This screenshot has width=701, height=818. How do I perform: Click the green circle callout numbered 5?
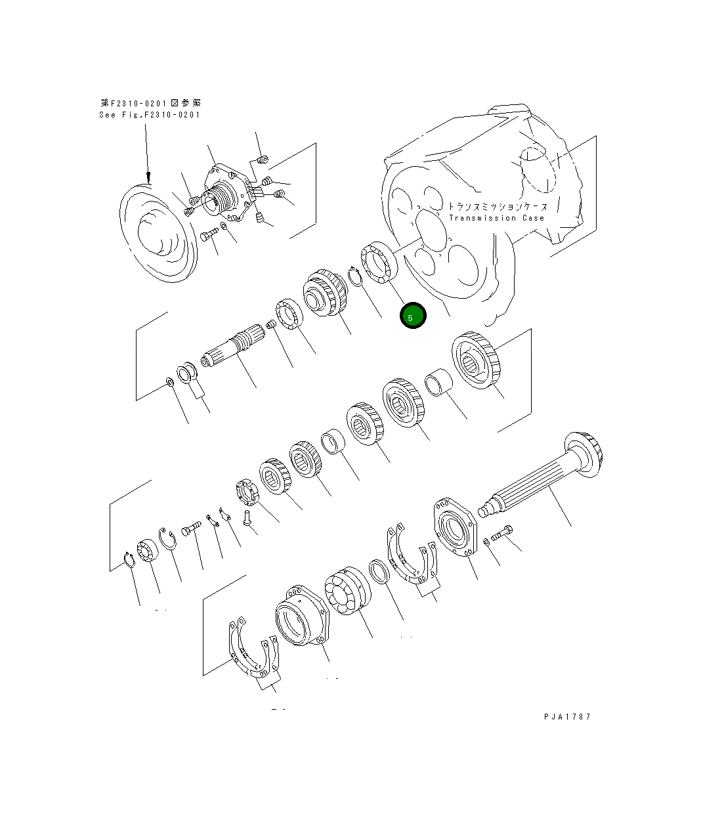pyautogui.click(x=413, y=316)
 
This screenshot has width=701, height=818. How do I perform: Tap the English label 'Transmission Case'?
pyautogui.click(x=496, y=218)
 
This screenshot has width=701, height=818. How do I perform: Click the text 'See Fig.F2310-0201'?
pyautogui.click(x=150, y=115)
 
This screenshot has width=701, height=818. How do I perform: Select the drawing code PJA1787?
pyautogui.click(x=567, y=716)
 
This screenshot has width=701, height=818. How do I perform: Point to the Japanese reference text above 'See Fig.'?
pyautogui.click(x=151, y=103)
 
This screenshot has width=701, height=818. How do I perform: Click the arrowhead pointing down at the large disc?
pyautogui.click(x=148, y=177)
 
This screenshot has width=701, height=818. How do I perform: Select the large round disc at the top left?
pyautogui.click(x=158, y=233)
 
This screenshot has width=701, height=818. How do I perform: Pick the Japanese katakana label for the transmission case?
pyautogui.click(x=497, y=206)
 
